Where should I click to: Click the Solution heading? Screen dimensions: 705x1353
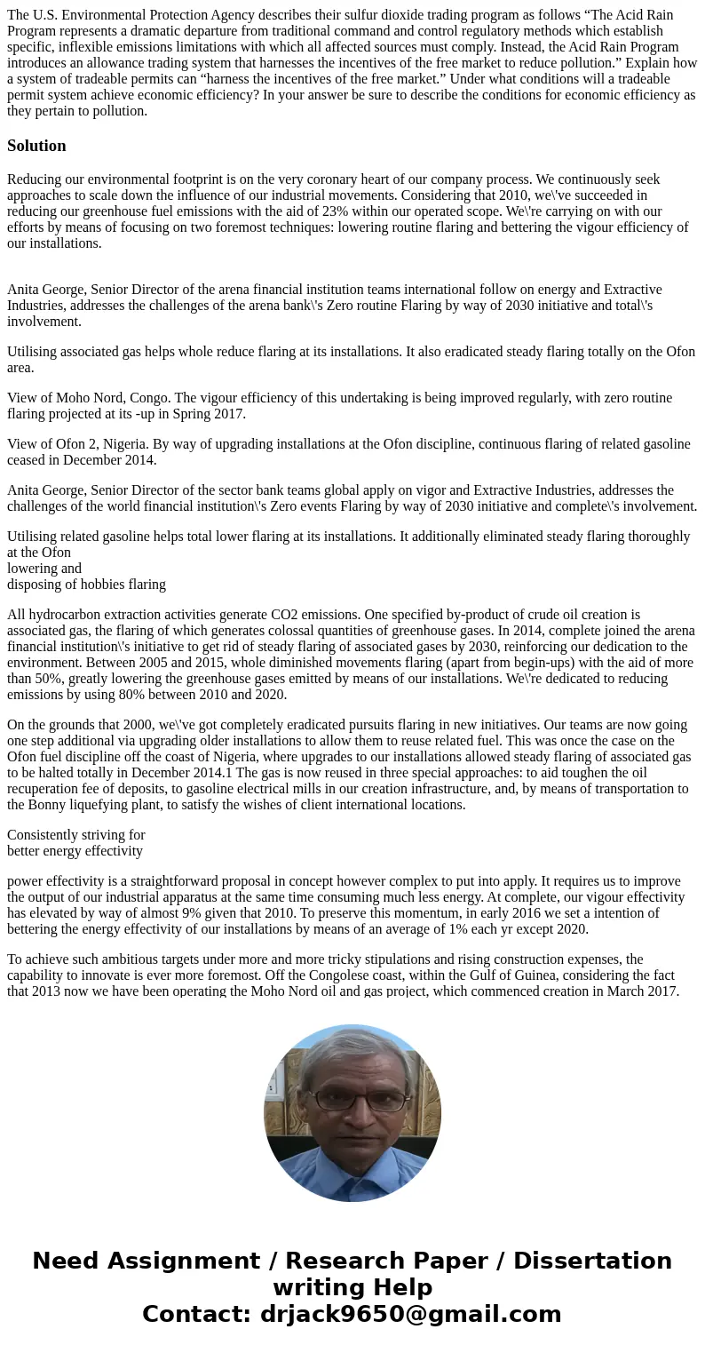point(36,146)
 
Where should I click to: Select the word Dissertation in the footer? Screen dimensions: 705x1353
point(592,1261)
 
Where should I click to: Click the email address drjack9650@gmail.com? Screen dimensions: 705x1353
point(410,1315)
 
